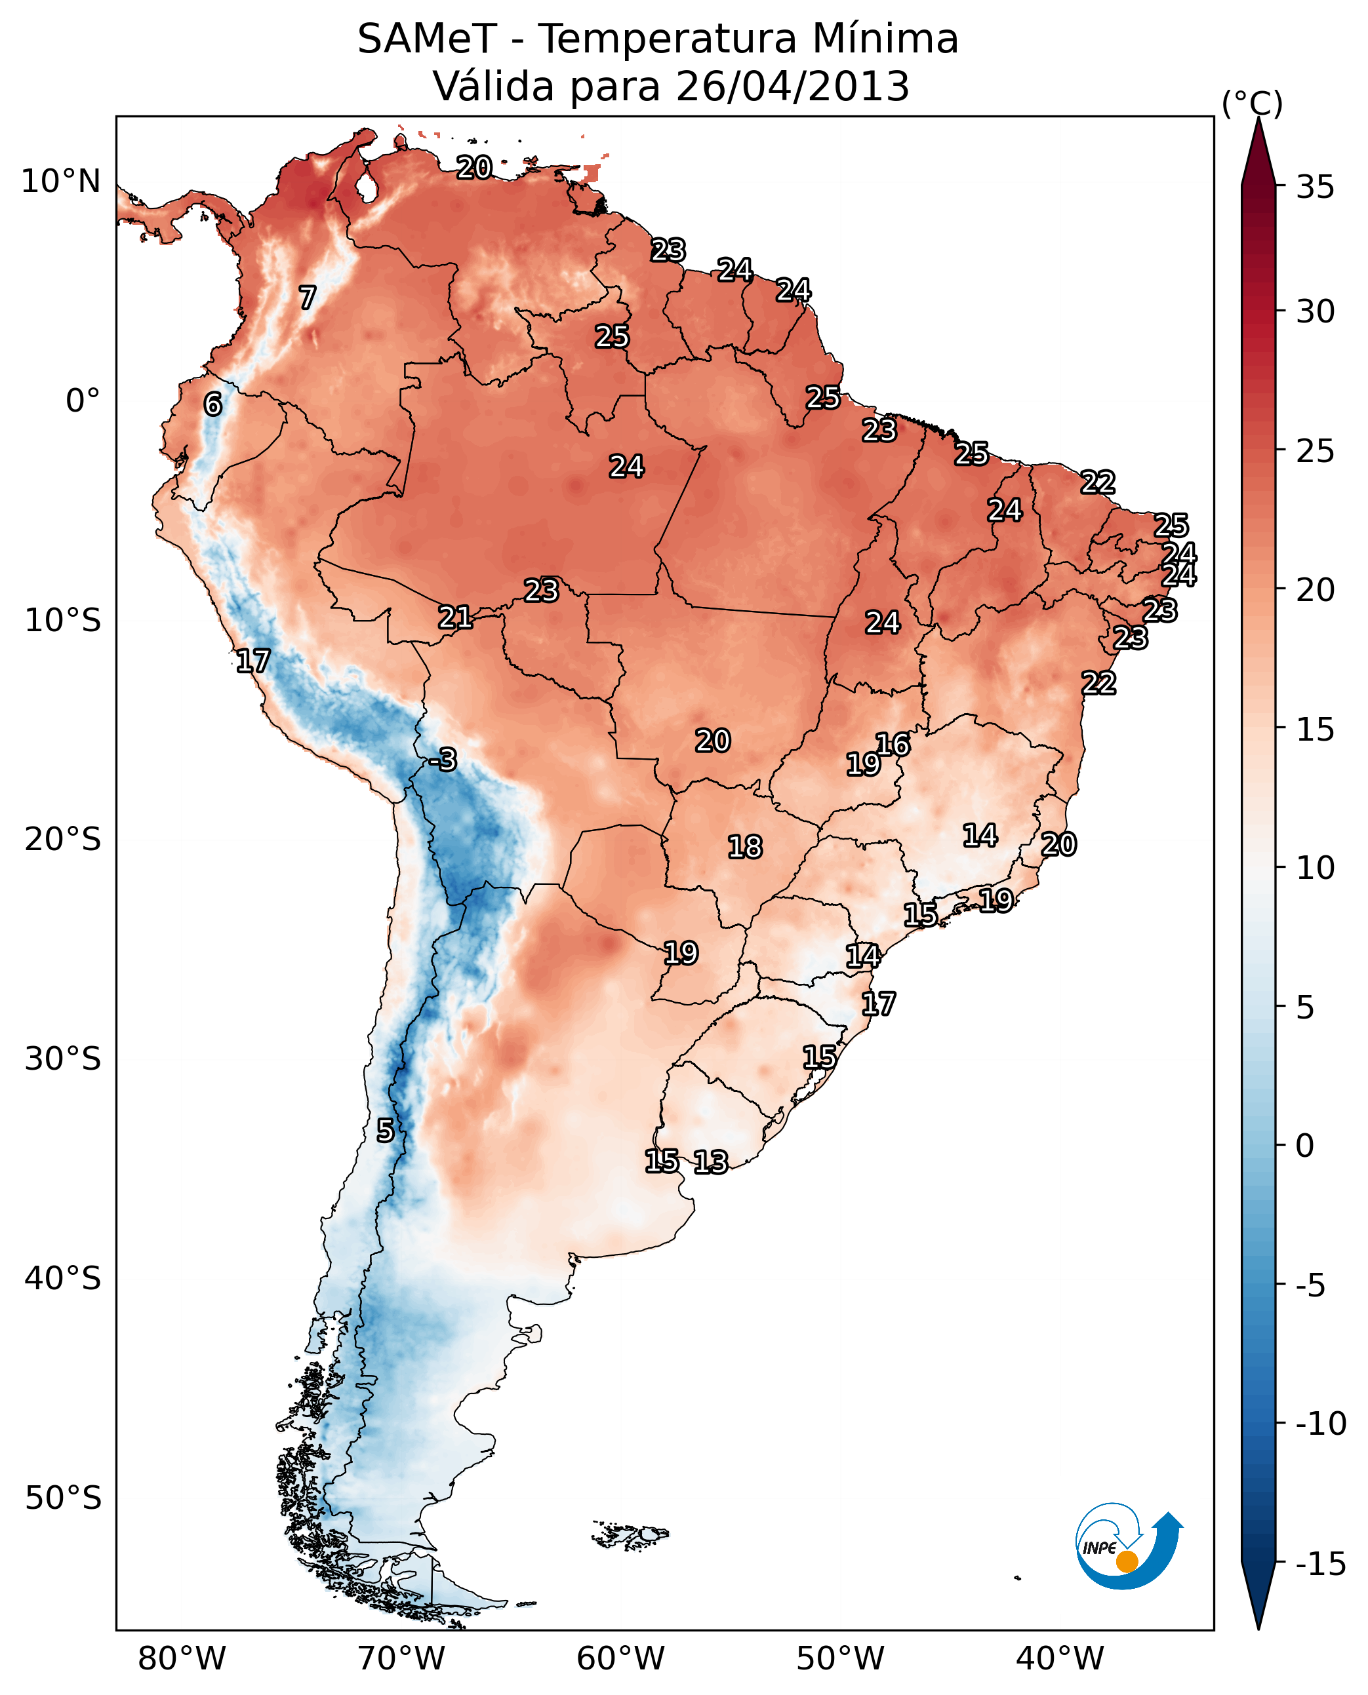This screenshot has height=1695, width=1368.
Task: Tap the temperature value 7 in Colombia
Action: [308, 298]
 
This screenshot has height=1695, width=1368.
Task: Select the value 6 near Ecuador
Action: [212, 404]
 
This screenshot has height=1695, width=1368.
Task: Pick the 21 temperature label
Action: [456, 617]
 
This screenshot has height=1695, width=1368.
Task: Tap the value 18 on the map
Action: [745, 847]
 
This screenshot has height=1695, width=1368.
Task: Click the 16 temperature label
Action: [893, 745]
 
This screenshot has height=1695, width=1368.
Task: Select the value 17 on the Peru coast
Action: [253, 661]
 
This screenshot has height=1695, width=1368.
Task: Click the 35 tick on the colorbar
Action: [1315, 187]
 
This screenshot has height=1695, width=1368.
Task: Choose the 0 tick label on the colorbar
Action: [1305, 1145]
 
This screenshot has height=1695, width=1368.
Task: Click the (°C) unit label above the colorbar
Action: [1252, 104]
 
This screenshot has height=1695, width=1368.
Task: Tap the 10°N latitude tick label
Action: [61, 182]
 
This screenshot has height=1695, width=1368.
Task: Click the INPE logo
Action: [1128, 1547]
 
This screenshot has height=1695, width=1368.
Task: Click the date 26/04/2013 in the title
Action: [792, 87]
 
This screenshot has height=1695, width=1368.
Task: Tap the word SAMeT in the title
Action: [426, 39]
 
